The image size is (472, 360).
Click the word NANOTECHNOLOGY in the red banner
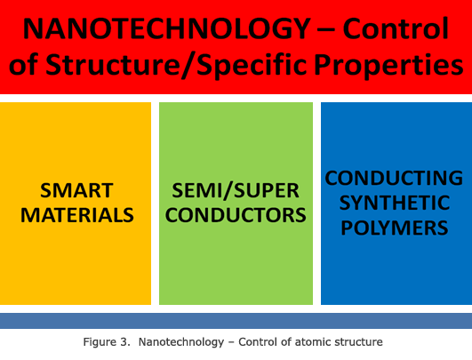pos(166,29)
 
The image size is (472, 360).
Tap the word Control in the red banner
pos(396,28)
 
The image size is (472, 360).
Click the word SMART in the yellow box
pos(76,190)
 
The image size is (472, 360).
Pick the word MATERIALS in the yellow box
pos(77,215)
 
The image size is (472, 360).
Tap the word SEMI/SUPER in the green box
pos(236,191)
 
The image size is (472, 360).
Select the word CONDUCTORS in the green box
pos(236,215)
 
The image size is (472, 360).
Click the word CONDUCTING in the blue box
pos(394,178)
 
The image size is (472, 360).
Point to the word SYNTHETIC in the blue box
pos(395,203)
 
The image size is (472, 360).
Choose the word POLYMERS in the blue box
pos(395,228)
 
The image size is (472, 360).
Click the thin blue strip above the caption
pos(236,321)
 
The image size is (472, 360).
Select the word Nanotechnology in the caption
pos(181,342)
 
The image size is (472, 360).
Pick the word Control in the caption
pos(257,342)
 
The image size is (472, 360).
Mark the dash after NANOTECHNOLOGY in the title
pos(326,30)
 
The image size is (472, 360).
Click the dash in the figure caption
pos(231,343)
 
